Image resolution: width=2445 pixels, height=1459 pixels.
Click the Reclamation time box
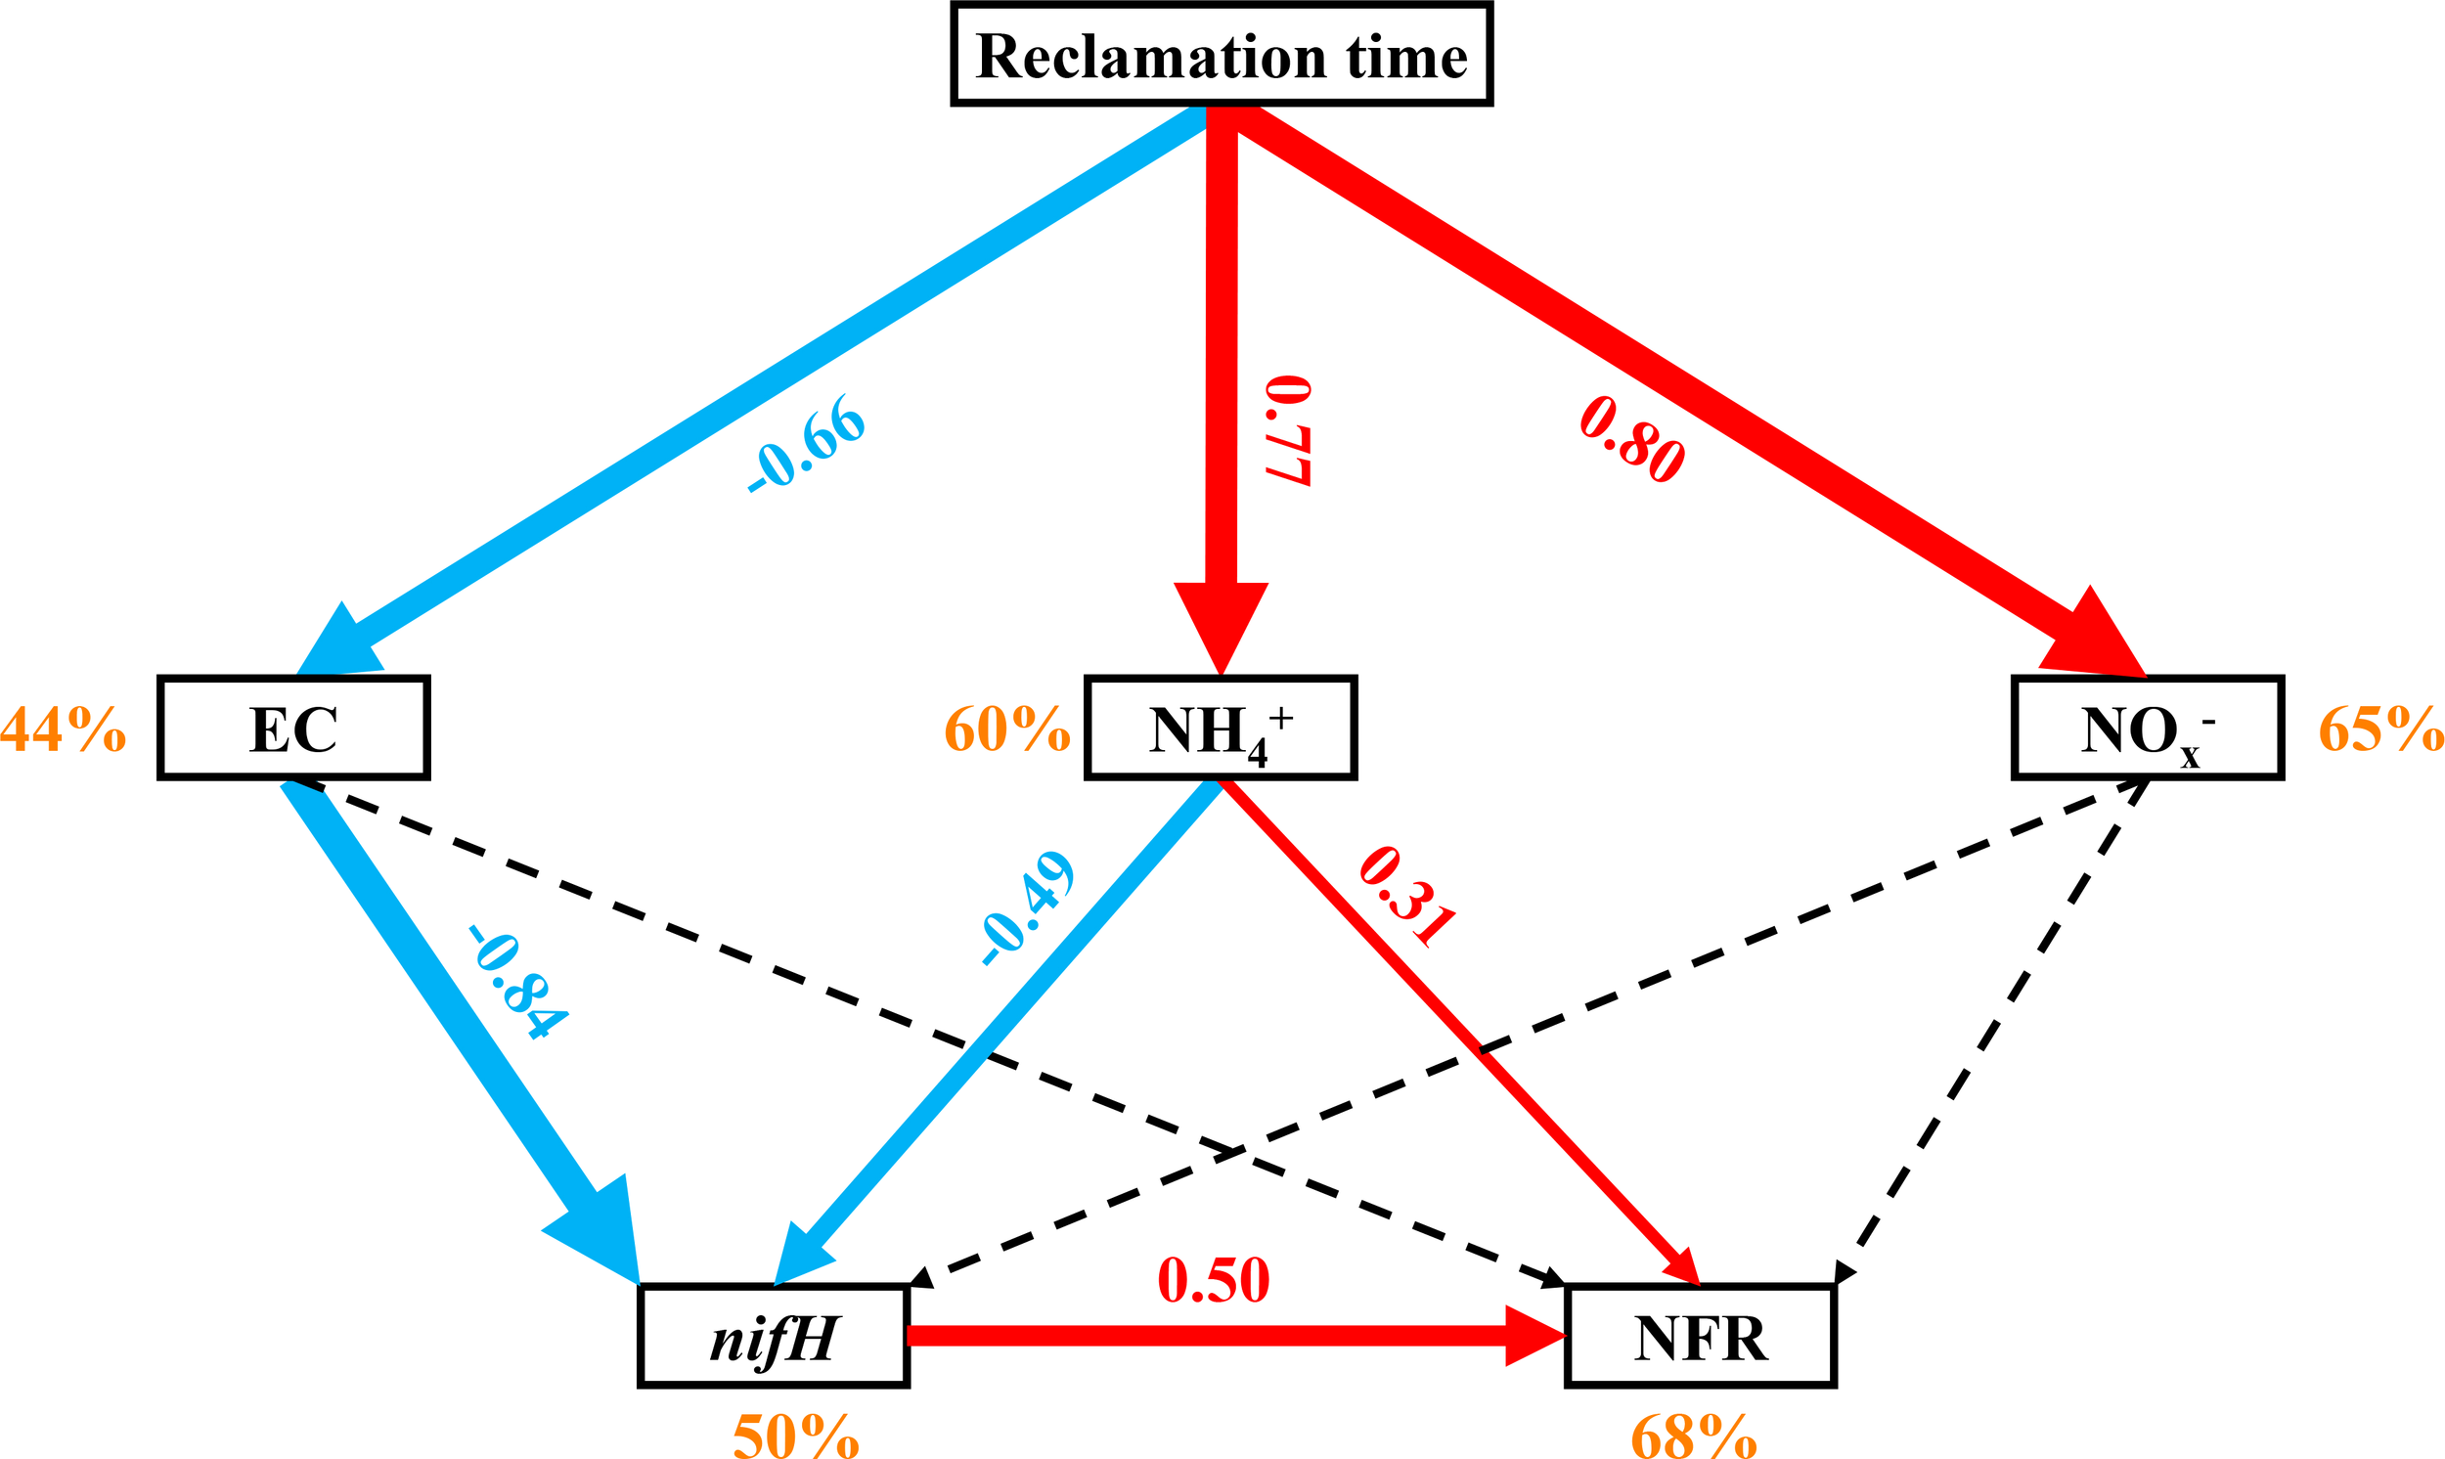pyautogui.click(x=1221, y=54)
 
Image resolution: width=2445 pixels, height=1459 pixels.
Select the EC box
pyautogui.click(x=293, y=729)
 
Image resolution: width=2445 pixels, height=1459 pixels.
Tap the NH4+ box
pyautogui.click(x=1220, y=729)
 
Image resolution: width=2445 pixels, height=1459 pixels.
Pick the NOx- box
pyautogui.click(x=2147, y=729)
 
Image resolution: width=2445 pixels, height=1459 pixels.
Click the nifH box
pyautogui.click(x=774, y=1335)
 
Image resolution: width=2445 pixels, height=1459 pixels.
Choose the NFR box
pyautogui.click(x=1700, y=1335)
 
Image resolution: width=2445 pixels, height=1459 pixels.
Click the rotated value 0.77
pyautogui.click(x=1288, y=429)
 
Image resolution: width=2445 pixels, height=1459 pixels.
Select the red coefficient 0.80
pyautogui.click(x=1632, y=438)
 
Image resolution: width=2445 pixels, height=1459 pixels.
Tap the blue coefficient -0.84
pyautogui.click(x=517, y=980)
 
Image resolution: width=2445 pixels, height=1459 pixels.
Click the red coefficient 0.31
pyautogui.click(x=1405, y=896)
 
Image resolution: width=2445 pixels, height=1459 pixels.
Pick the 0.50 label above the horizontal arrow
pyautogui.click(x=1213, y=1279)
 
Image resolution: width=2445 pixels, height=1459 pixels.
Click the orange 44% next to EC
pyautogui.click(x=63, y=729)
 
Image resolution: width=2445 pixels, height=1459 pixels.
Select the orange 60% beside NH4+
pyautogui.click(x=1006, y=729)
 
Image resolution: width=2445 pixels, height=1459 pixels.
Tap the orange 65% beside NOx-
pyautogui.click(x=2381, y=729)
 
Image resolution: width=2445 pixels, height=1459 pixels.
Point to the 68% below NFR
pyautogui.click(x=1693, y=1437)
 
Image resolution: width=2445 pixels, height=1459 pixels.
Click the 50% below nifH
pyautogui.click(x=795, y=1437)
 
